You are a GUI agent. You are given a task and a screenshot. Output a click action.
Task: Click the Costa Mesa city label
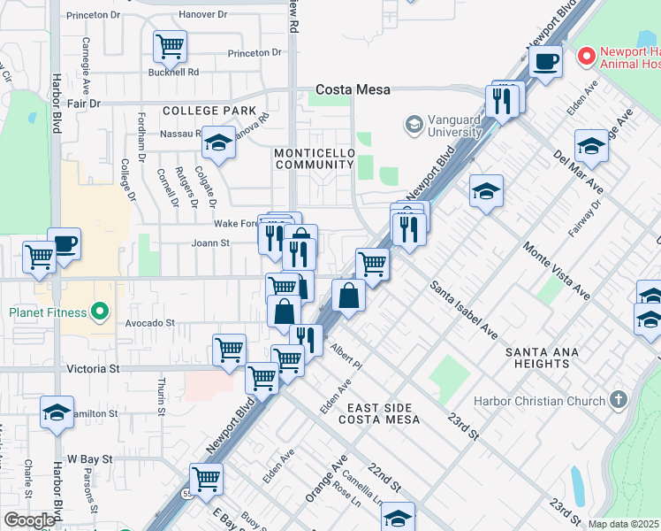[x=353, y=90]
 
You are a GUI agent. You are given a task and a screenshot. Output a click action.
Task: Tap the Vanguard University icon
[x=414, y=124]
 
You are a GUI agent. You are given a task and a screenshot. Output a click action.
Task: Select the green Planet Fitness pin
[x=100, y=312]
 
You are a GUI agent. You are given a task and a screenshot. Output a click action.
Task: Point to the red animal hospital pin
[x=585, y=57]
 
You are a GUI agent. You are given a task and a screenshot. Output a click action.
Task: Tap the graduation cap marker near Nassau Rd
[x=217, y=143]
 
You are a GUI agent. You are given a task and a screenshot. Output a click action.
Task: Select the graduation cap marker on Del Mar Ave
[x=591, y=145]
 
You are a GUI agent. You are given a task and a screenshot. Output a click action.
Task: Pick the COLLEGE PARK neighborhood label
[x=202, y=111]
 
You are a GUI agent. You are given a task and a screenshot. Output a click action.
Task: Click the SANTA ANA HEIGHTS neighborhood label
[x=542, y=359]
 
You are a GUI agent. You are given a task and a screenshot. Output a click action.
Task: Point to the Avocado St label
[x=149, y=323]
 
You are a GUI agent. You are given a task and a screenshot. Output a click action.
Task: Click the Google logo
[x=29, y=520]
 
